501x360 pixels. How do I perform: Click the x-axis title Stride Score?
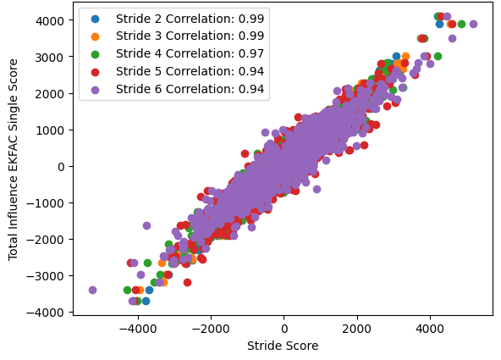tap(284, 346)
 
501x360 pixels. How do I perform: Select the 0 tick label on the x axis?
tap(284, 328)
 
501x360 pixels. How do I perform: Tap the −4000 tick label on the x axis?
tap(136, 328)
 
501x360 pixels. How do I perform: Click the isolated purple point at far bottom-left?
tap(92, 290)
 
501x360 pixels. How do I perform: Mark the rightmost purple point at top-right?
tap(473, 24)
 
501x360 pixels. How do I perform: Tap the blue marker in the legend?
tap(95, 18)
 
